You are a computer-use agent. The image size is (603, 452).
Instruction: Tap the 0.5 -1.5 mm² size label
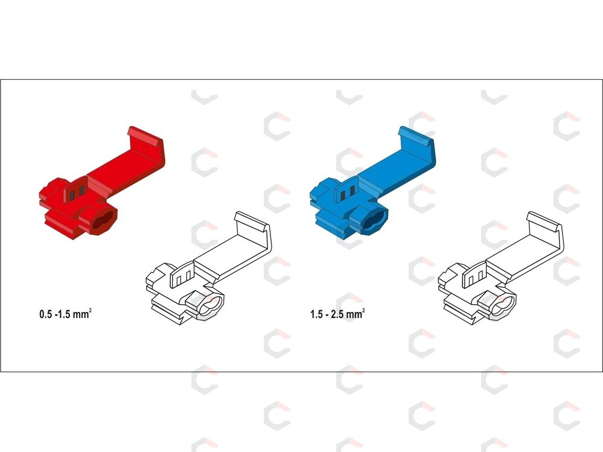tap(65, 313)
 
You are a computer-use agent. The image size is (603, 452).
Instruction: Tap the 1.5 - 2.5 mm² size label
tap(337, 313)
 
